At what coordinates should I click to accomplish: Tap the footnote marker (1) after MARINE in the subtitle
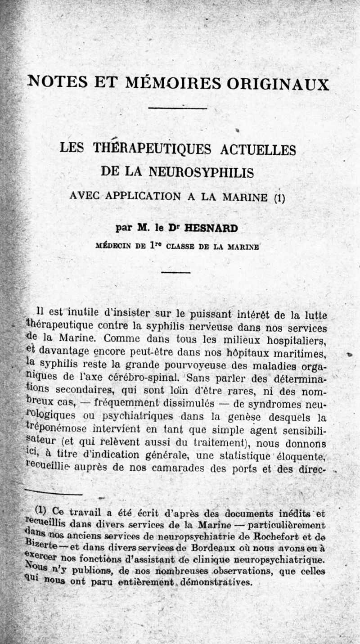tap(279, 198)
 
